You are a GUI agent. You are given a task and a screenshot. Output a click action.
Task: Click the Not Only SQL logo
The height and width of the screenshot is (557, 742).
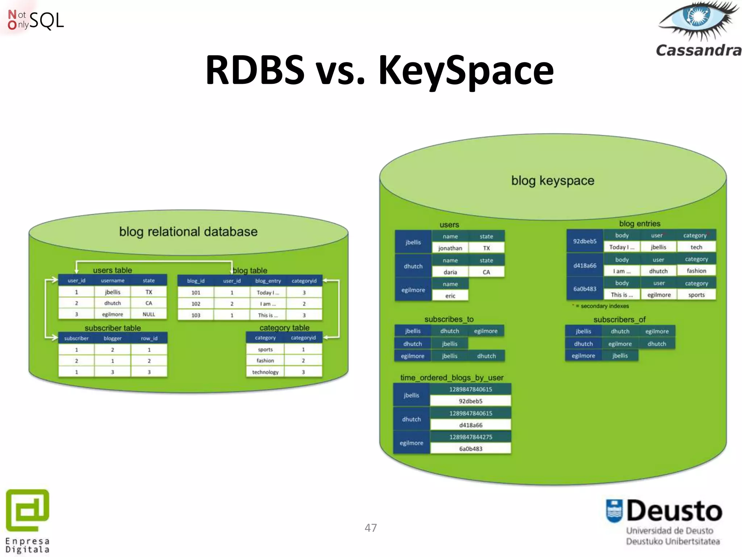coord(36,20)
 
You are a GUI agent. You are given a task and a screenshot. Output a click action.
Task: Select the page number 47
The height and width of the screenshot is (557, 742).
coord(371,528)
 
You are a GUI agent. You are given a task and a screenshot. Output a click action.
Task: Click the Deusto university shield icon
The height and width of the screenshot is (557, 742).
coord(614,511)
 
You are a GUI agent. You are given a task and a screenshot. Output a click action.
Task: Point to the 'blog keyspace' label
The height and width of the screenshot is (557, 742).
coord(553,181)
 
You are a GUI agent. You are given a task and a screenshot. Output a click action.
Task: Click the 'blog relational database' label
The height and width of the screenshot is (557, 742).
coord(188,232)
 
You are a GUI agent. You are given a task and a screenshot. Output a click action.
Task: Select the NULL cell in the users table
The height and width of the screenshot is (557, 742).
coord(149,314)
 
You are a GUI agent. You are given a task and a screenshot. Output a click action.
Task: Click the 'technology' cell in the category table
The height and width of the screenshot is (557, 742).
coord(265,372)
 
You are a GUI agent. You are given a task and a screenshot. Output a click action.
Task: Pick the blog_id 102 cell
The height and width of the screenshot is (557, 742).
coord(196,304)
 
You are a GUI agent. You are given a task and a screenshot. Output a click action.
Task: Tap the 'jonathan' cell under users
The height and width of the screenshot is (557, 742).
coord(450,248)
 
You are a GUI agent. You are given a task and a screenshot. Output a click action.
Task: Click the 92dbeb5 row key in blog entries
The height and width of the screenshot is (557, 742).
coord(584,241)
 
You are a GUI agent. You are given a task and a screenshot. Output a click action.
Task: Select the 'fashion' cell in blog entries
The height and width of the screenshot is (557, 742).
coord(696,271)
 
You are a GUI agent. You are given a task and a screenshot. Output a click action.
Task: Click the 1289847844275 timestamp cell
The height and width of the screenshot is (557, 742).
coord(470,437)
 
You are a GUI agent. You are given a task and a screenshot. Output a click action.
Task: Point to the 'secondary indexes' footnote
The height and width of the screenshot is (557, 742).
coord(604,306)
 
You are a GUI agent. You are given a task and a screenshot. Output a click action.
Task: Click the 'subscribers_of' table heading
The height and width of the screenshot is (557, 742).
coord(619,319)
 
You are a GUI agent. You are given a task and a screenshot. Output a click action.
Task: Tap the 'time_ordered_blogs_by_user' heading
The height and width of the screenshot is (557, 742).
coord(451,377)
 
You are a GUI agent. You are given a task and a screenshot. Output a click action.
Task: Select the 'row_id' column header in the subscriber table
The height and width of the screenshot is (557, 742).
coord(149,338)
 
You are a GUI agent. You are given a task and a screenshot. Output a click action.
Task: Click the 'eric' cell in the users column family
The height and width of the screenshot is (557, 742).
coord(450,296)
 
